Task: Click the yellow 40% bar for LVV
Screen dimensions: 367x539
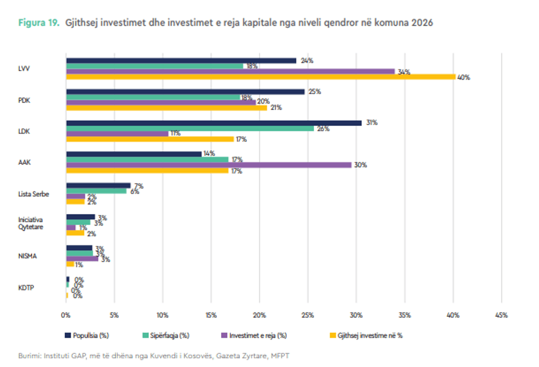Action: (261, 77)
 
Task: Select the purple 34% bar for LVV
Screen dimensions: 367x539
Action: (231, 71)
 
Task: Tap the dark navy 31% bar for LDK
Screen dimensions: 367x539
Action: (214, 123)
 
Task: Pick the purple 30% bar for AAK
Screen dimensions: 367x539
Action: (209, 165)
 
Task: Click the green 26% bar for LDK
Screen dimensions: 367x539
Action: (190, 128)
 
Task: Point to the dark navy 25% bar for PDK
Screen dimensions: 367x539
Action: (185, 91)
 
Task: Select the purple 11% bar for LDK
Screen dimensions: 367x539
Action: (117, 134)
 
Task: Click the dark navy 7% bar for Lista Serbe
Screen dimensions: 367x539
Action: (98, 185)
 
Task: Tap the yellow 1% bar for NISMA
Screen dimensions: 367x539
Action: (70, 264)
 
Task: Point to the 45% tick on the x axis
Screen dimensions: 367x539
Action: (501, 315)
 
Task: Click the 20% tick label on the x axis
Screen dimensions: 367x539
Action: (259, 315)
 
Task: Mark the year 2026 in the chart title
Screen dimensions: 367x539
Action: (420, 23)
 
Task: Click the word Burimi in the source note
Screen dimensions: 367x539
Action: (29, 355)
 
